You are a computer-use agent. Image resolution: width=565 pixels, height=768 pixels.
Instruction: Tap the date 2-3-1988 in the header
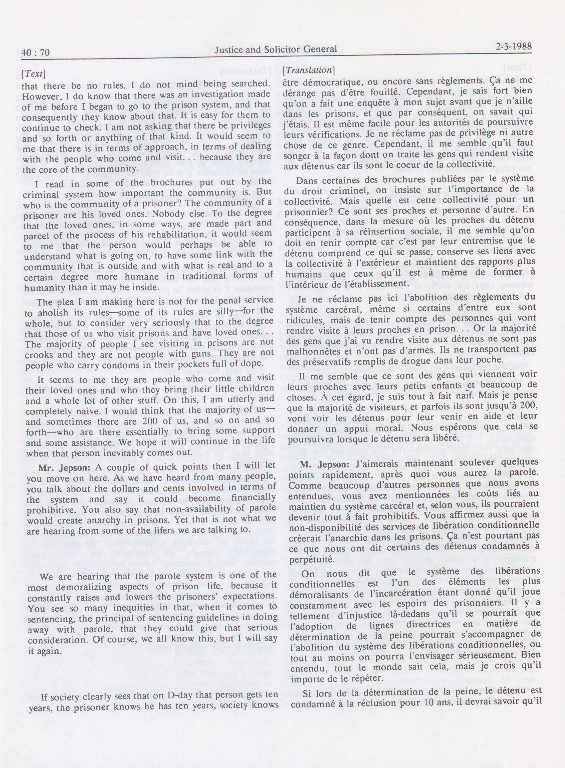[513, 47]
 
